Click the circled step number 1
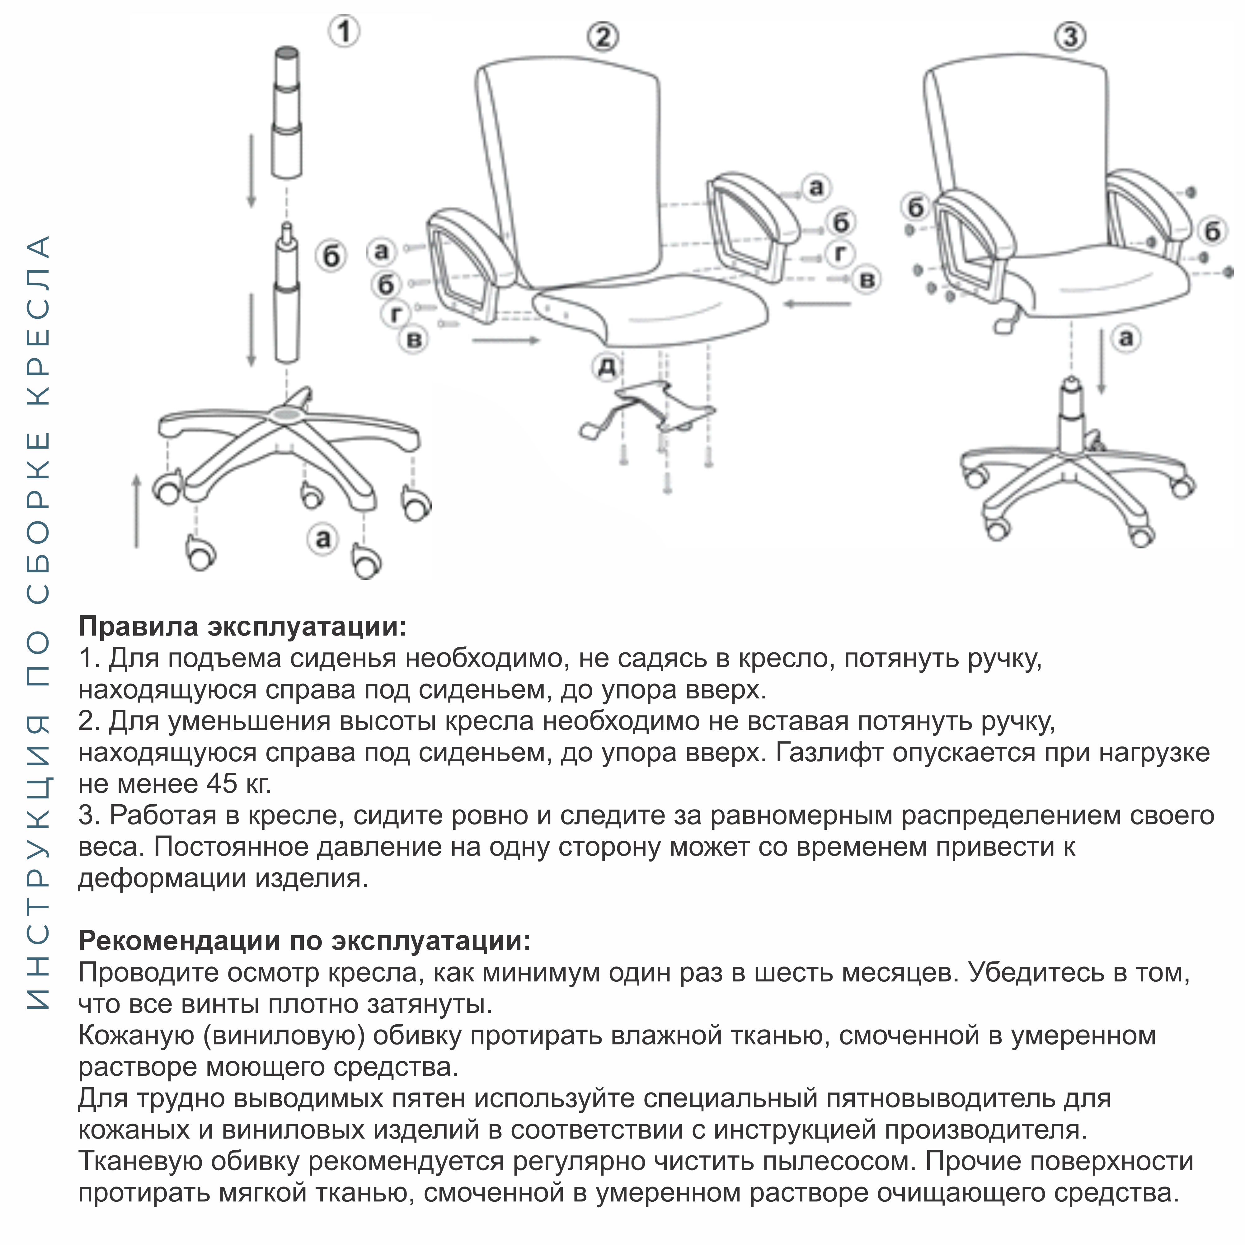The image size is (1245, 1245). coord(345,31)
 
